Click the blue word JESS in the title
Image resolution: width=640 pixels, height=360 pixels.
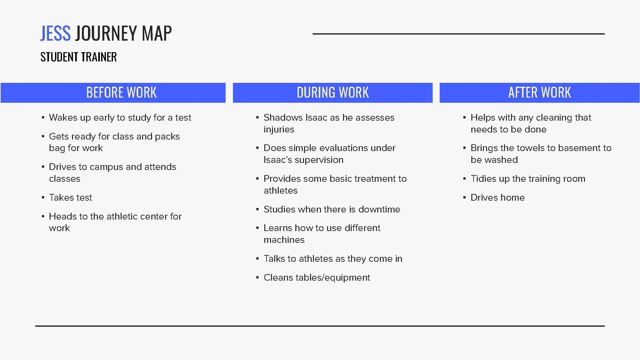click(x=55, y=33)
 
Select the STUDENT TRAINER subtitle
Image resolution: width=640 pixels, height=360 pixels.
click(x=78, y=57)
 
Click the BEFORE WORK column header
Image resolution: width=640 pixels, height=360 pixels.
click(x=121, y=93)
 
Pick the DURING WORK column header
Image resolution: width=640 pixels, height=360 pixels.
click(x=332, y=93)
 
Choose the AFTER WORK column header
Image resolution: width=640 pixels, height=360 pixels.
click(x=540, y=93)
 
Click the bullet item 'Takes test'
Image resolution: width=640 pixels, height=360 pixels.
click(x=70, y=197)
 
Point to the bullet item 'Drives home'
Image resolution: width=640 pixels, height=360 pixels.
click(x=497, y=197)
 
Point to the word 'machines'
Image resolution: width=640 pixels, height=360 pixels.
click(x=284, y=240)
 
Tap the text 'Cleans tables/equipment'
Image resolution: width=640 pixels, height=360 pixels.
click(x=316, y=277)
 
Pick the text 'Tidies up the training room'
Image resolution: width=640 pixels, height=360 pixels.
click(x=528, y=179)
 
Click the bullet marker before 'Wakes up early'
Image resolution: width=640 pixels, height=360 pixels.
click(x=43, y=118)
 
